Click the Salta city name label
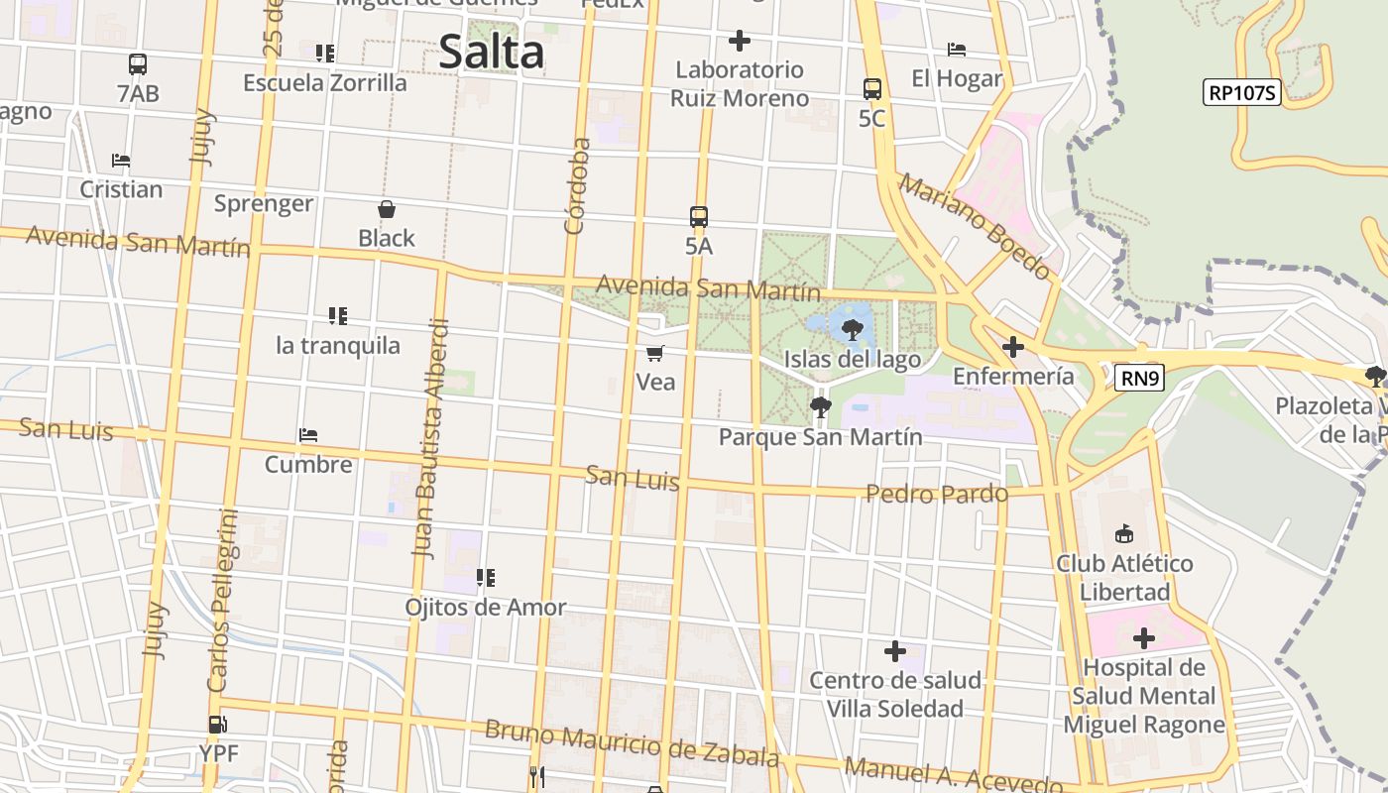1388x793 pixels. click(491, 52)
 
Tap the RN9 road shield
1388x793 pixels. click(1138, 378)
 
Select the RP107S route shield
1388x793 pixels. click(1242, 93)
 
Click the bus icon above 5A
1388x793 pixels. click(699, 216)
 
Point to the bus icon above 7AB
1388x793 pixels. click(138, 64)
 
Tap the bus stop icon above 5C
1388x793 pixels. click(872, 89)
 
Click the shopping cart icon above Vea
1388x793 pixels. click(654, 353)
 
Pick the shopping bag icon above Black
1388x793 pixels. click(387, 209)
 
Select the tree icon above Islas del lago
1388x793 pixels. click(852, 330)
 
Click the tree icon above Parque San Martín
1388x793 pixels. click(820, 406)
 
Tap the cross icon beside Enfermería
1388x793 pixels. click(1012, 347)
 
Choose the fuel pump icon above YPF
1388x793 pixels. click(218, 725)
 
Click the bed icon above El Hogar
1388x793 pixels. click(957, 50)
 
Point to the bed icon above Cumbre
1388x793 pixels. click(308, 434)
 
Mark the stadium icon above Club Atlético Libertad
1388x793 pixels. click(1123, 535)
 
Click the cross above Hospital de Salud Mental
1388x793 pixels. click(1143, 637)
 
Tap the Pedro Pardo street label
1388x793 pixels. click(936, 493)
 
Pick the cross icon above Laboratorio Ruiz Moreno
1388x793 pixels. click(739, 41)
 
